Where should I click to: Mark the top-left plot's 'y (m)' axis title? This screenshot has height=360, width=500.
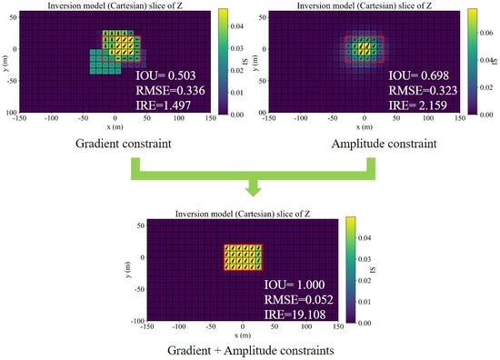(6, 63)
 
